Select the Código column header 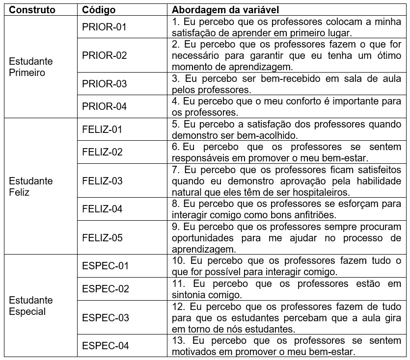[99, 10]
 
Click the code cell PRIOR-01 [105, 27]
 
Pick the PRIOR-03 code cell [105, 84]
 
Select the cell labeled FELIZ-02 [102, 152]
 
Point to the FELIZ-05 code [102, 238]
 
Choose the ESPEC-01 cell [105, 266]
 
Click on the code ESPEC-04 [106, 346]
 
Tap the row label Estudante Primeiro [31, 67]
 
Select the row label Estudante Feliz [31, 186]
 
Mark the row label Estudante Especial [31, 306]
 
